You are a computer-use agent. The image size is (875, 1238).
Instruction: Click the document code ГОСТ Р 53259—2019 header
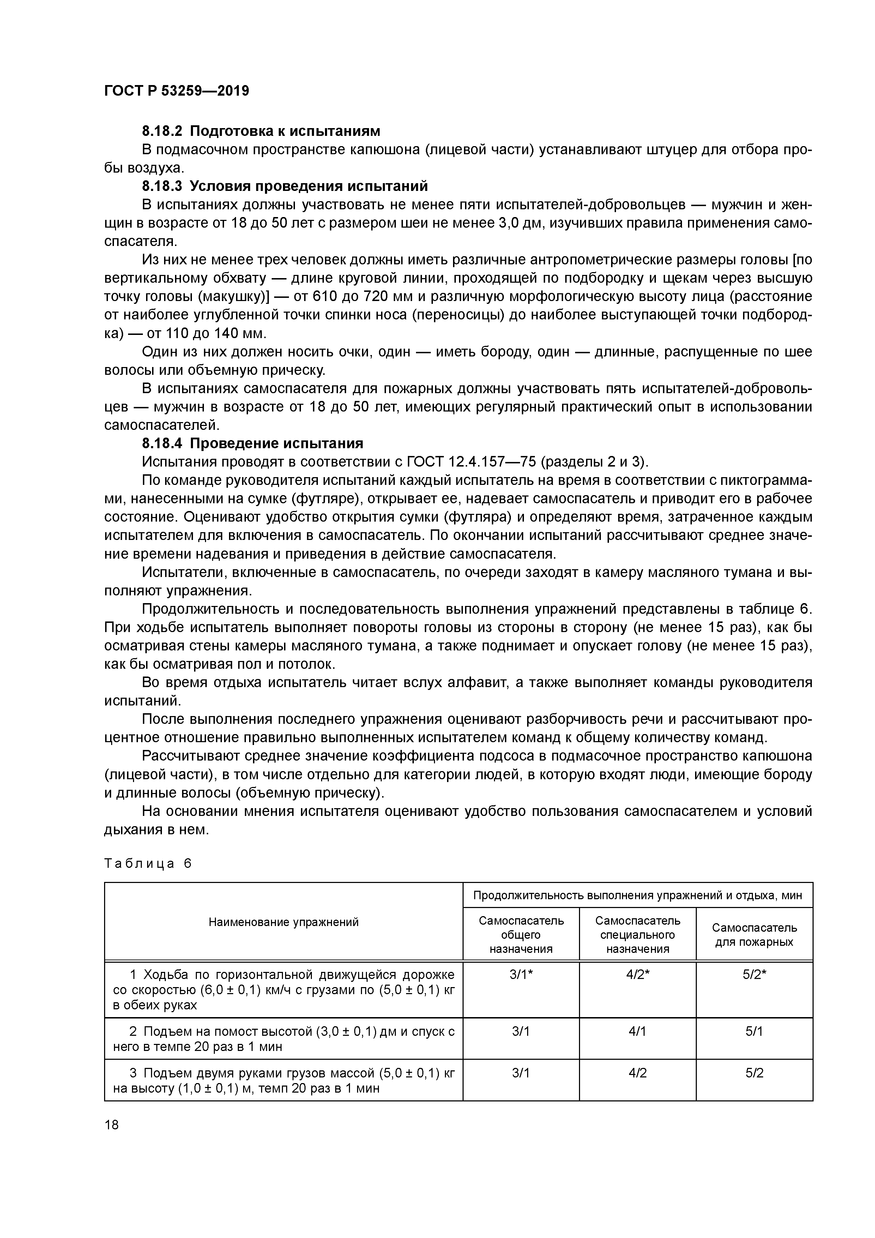click(x=176, y=91)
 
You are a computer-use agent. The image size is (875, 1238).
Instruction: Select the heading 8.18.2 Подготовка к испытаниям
click(x=261, y=131)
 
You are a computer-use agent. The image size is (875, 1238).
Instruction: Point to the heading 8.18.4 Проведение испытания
click(x=252, y=443)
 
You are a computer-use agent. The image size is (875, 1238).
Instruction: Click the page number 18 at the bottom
click(x=111, y=1124)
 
